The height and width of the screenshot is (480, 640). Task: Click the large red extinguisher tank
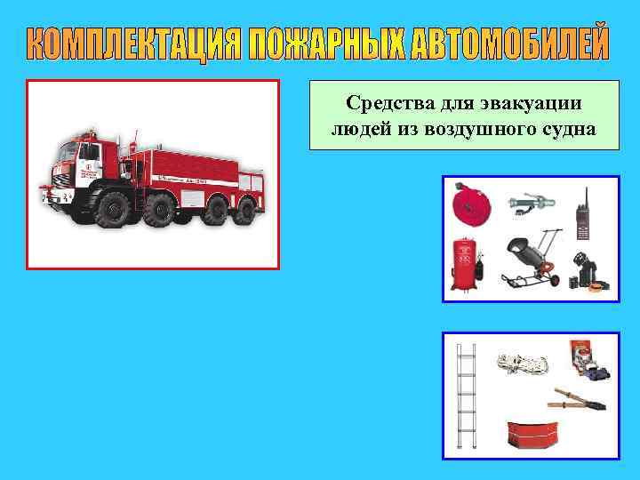(463, 262)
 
